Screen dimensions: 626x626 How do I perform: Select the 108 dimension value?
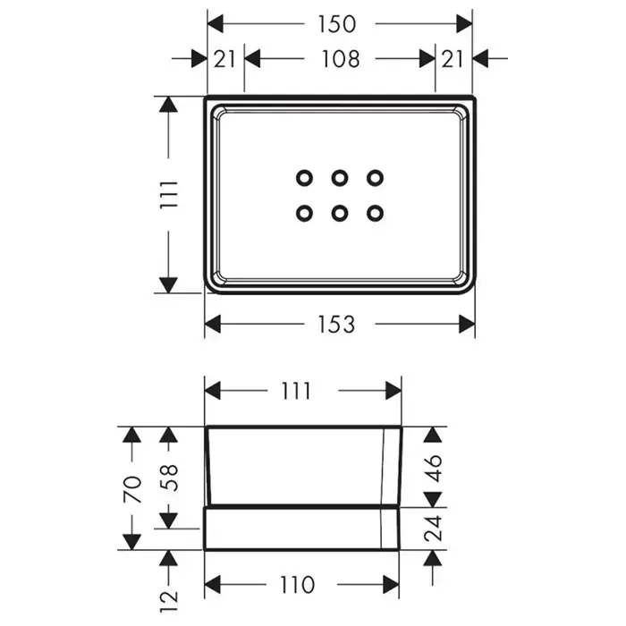pos(340,59)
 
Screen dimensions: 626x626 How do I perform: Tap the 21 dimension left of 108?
pos(224,59)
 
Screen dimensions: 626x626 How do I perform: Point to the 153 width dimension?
pos(337,324)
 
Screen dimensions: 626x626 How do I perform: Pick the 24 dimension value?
pos(435,529)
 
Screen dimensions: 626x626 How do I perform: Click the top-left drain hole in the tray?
pos(304,178)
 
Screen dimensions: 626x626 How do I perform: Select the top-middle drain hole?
pos(339,178)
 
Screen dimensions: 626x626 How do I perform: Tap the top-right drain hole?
pos(375,178)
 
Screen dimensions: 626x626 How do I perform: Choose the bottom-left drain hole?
pos(304,213)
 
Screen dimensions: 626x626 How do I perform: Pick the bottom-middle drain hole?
pos(339,213)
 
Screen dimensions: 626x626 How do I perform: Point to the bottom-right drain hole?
pos(375,213)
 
